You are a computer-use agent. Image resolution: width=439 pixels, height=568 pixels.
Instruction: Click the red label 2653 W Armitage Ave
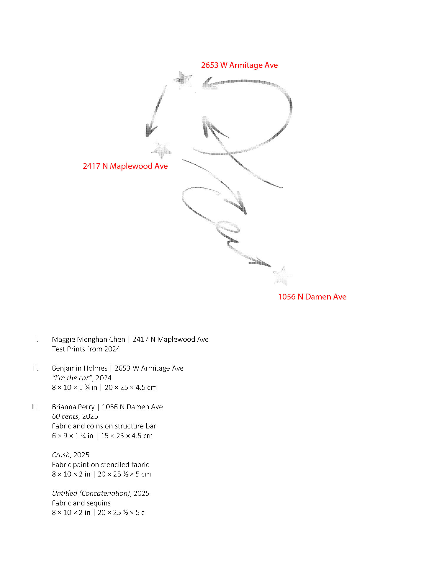(239, 65)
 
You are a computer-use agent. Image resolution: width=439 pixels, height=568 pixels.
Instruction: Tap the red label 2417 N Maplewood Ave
(125, 166)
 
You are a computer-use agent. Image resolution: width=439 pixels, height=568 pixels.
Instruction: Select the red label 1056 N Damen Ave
(312, 297)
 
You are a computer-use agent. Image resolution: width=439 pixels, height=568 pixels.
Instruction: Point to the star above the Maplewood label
(162, 149)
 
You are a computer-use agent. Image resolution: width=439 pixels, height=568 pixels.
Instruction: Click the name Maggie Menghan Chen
(89, 339)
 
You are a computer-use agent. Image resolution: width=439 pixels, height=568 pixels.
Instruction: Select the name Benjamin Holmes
(80, 368)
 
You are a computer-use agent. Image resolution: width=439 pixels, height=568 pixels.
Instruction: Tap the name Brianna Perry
(73, 407)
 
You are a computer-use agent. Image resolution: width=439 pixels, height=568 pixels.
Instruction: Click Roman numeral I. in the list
(37, 339)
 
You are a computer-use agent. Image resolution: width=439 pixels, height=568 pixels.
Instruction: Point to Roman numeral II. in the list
(36, 368)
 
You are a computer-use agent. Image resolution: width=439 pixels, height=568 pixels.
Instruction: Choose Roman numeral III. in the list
(35, 407)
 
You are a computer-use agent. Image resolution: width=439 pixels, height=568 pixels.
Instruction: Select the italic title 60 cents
(65, 416)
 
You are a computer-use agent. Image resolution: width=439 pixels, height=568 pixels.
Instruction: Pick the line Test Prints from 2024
(86, 349)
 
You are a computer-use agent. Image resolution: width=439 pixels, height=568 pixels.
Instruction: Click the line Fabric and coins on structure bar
(104, 426)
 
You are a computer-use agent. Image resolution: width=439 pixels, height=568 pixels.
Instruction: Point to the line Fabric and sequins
(81, 503)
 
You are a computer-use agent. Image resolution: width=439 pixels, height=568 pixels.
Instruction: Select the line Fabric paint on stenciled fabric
(100, 465)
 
